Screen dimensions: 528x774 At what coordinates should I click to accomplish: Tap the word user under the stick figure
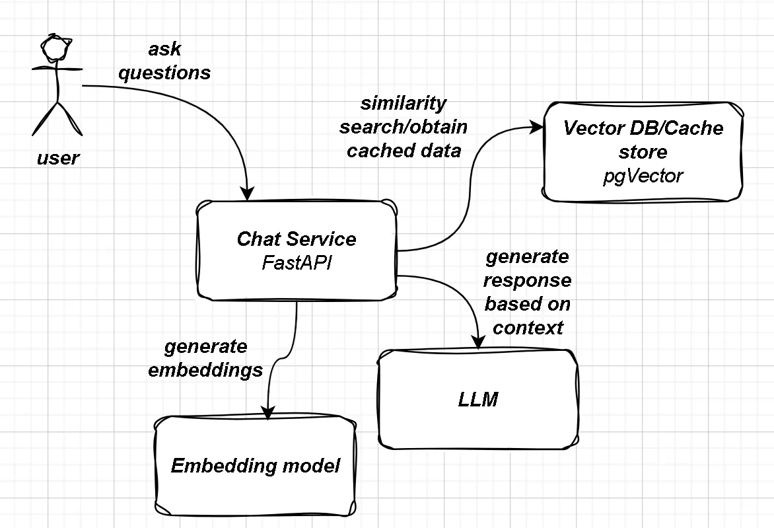click(57, 158)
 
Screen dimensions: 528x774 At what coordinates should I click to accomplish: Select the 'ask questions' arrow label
click(164, 61)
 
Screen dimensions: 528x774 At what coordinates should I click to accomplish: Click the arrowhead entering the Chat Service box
click(247, 193)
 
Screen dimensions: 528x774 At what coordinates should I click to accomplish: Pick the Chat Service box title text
click(297, 239)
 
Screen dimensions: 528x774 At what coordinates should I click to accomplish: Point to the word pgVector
click(643, 176)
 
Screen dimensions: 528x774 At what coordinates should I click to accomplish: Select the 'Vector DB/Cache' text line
click(643, 128)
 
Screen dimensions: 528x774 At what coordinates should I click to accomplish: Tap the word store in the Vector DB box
click(643, 152)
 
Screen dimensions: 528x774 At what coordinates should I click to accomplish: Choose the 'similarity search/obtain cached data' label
click(404, 127)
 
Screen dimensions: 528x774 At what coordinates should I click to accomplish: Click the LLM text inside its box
click(477, 399)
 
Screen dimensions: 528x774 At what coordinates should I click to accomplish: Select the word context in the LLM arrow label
click(528, 328)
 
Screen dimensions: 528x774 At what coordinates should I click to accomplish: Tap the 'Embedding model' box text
click(256, 466)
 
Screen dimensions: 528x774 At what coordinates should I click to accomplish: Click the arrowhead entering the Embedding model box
click(267, 412)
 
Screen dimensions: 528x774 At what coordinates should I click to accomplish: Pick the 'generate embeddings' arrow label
click(205, 358)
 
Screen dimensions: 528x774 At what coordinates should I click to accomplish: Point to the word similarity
click(404, 103)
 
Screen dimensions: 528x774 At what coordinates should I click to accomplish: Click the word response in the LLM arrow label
click(528, 280)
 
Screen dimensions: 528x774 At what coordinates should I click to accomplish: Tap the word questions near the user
click(164, 73)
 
